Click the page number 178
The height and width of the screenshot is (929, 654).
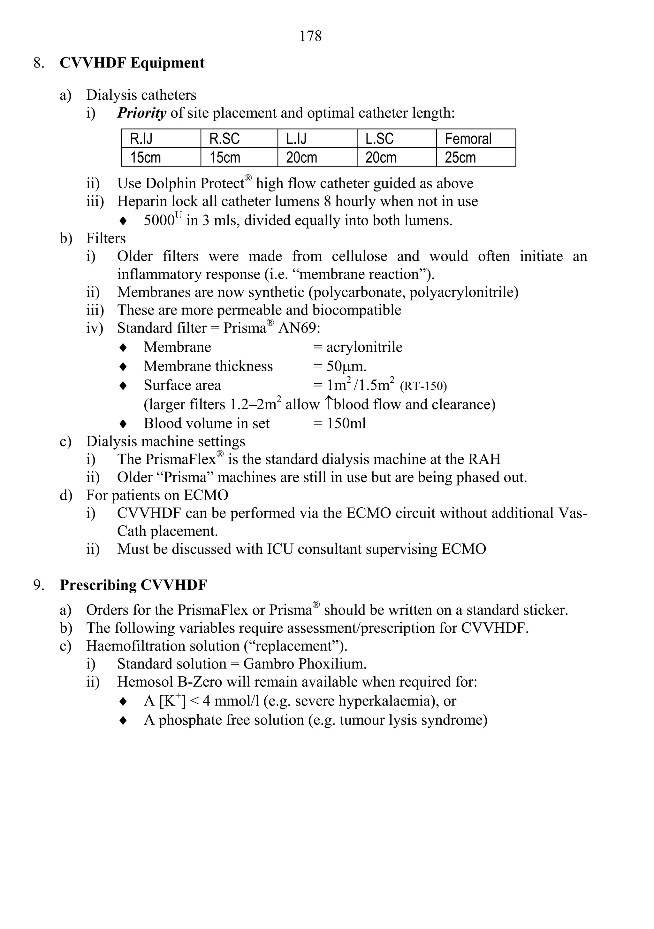pos(310,36)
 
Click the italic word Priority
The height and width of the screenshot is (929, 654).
pos(141,113)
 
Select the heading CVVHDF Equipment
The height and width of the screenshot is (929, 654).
pos(132,63)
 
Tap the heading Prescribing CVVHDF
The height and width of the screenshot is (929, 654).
pos(133,585)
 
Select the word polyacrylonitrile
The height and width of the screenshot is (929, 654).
pos(464,292)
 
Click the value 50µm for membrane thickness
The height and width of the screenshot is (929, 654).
pos(346,367)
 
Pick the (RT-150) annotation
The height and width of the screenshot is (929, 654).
pos(423,386)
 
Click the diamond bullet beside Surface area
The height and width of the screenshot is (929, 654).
pos(123,386)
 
